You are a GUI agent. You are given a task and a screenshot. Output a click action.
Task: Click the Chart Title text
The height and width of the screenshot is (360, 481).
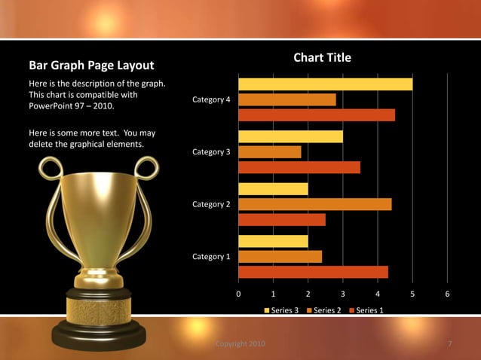(322, 58)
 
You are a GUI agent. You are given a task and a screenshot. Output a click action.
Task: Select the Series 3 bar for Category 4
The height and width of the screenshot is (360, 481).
(326, 84)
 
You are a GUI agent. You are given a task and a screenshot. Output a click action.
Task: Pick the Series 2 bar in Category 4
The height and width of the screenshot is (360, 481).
(287, 99)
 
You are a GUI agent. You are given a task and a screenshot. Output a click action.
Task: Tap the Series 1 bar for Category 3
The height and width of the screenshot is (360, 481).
(299, 167)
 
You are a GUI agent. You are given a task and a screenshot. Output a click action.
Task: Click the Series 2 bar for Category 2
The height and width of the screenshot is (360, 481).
(315, 204)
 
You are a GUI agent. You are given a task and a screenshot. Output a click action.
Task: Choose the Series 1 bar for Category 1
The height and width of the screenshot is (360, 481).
(313, 272)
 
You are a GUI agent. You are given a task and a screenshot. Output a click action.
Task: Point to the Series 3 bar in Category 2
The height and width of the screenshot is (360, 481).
(273, 189)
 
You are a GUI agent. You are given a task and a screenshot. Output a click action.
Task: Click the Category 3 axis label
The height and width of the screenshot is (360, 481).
(211, 152)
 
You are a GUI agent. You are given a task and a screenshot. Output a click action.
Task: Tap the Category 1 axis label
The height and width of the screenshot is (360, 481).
(211, 257)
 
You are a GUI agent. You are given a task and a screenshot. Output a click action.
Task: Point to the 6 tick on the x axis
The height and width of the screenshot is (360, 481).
(447, 294)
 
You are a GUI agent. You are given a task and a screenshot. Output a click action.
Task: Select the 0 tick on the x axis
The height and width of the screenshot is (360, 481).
(238, 294)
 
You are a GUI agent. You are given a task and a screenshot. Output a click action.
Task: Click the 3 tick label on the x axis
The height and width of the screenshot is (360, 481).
(342, 294)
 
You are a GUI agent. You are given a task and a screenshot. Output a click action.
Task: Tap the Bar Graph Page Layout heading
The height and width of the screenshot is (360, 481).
(91, 66)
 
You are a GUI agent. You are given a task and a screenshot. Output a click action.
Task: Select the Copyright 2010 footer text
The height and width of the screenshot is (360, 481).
(240, 344)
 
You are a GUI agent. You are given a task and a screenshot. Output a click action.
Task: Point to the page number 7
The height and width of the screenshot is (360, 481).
(449, 344)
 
